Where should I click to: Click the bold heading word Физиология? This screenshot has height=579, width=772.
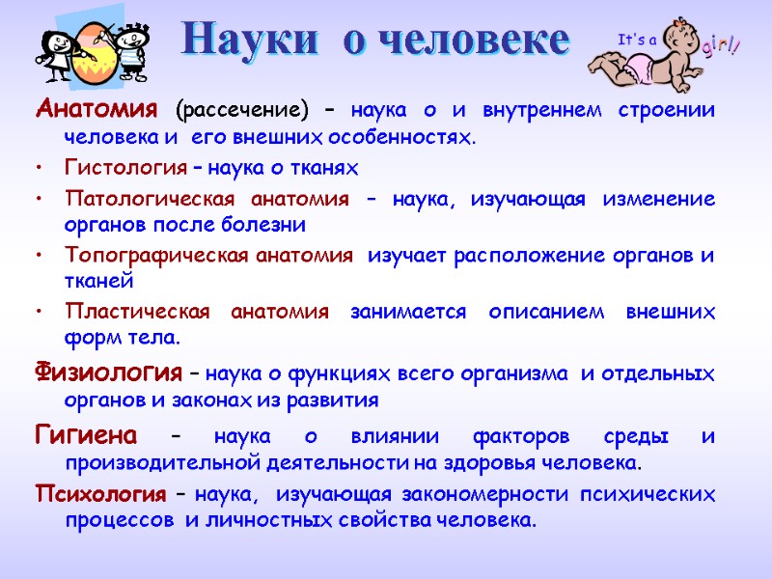pyautogui.click(x=108, y=372)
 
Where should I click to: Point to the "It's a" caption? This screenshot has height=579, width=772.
pyautogui.click(x=636, y=40)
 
